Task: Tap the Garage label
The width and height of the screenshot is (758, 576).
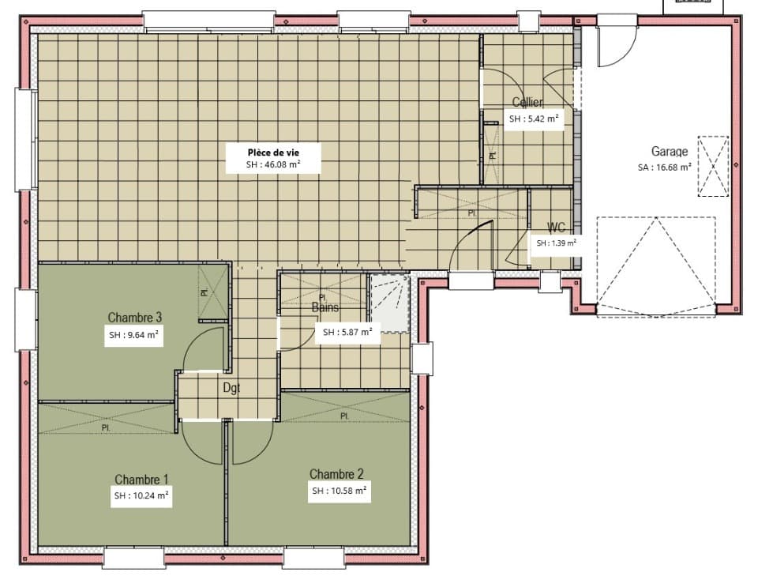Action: tap(669, 152)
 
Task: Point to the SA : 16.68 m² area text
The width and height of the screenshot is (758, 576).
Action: tap(665, 167)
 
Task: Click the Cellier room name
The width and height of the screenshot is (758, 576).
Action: tap(527, 102)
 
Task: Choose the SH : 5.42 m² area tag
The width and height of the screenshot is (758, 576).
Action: tap(534, 119)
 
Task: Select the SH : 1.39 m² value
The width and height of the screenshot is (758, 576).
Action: tap(556, 243)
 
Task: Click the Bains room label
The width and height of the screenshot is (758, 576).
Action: tap(325, 307)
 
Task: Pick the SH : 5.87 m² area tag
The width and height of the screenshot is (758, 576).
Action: tap(347, 333)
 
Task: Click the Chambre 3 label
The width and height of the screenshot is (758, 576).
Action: tap(135, 318)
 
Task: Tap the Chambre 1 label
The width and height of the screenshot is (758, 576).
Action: tap(141, 480)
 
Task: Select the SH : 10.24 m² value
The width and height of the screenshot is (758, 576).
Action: tap(141, 495)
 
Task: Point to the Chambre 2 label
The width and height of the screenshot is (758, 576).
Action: tap(336, 474)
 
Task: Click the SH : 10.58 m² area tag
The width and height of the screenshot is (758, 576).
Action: tap(339, 491)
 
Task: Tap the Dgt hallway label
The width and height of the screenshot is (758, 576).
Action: tap(231, 388)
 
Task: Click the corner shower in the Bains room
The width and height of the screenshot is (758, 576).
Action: tap(389, 302)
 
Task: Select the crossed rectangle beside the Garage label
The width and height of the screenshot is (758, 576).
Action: tap(713, 166)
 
